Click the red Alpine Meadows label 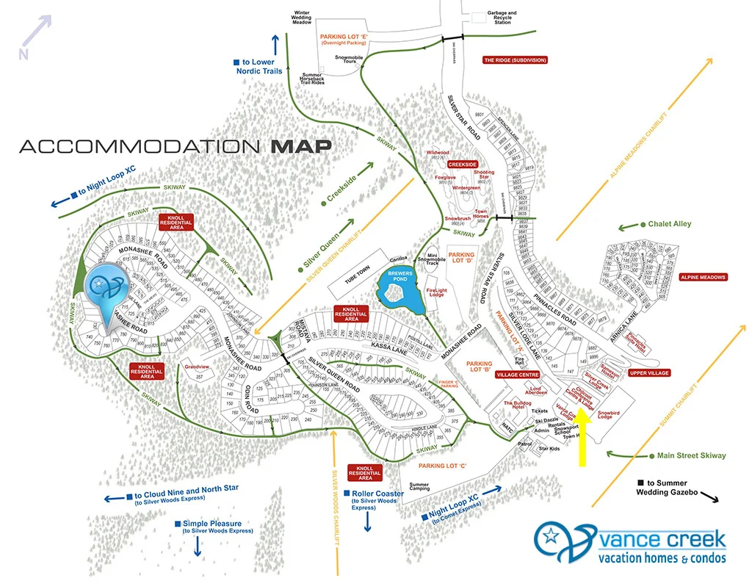pyautogui.click(x=703, y=277)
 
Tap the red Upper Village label pyautogui.click(x=649, y=373)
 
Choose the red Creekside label pyautogui.click(x=463, y=165)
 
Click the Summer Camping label pyautogui.click(x=419, y=488)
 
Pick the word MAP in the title pyautogui.click(x=300, y=145)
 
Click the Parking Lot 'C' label pyautogui.click(x=443, y=465)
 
